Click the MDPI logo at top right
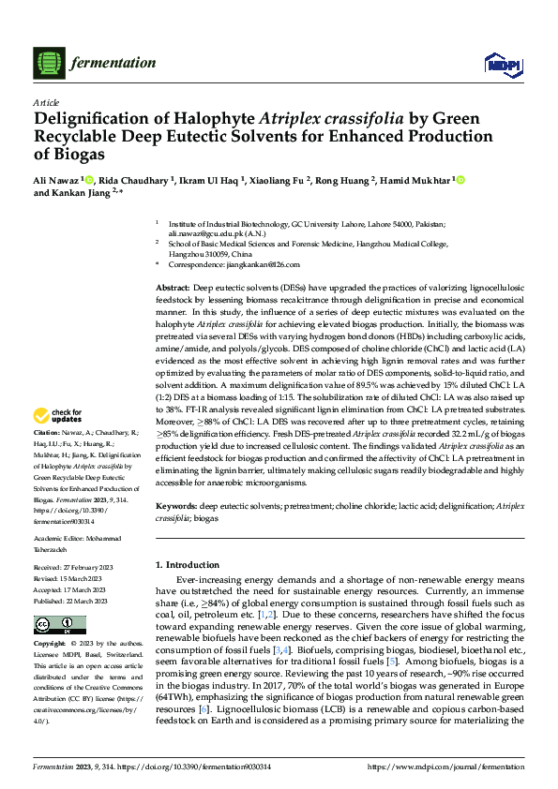pos(497,63)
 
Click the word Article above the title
pos(45,102)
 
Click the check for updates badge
pos(60,414)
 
